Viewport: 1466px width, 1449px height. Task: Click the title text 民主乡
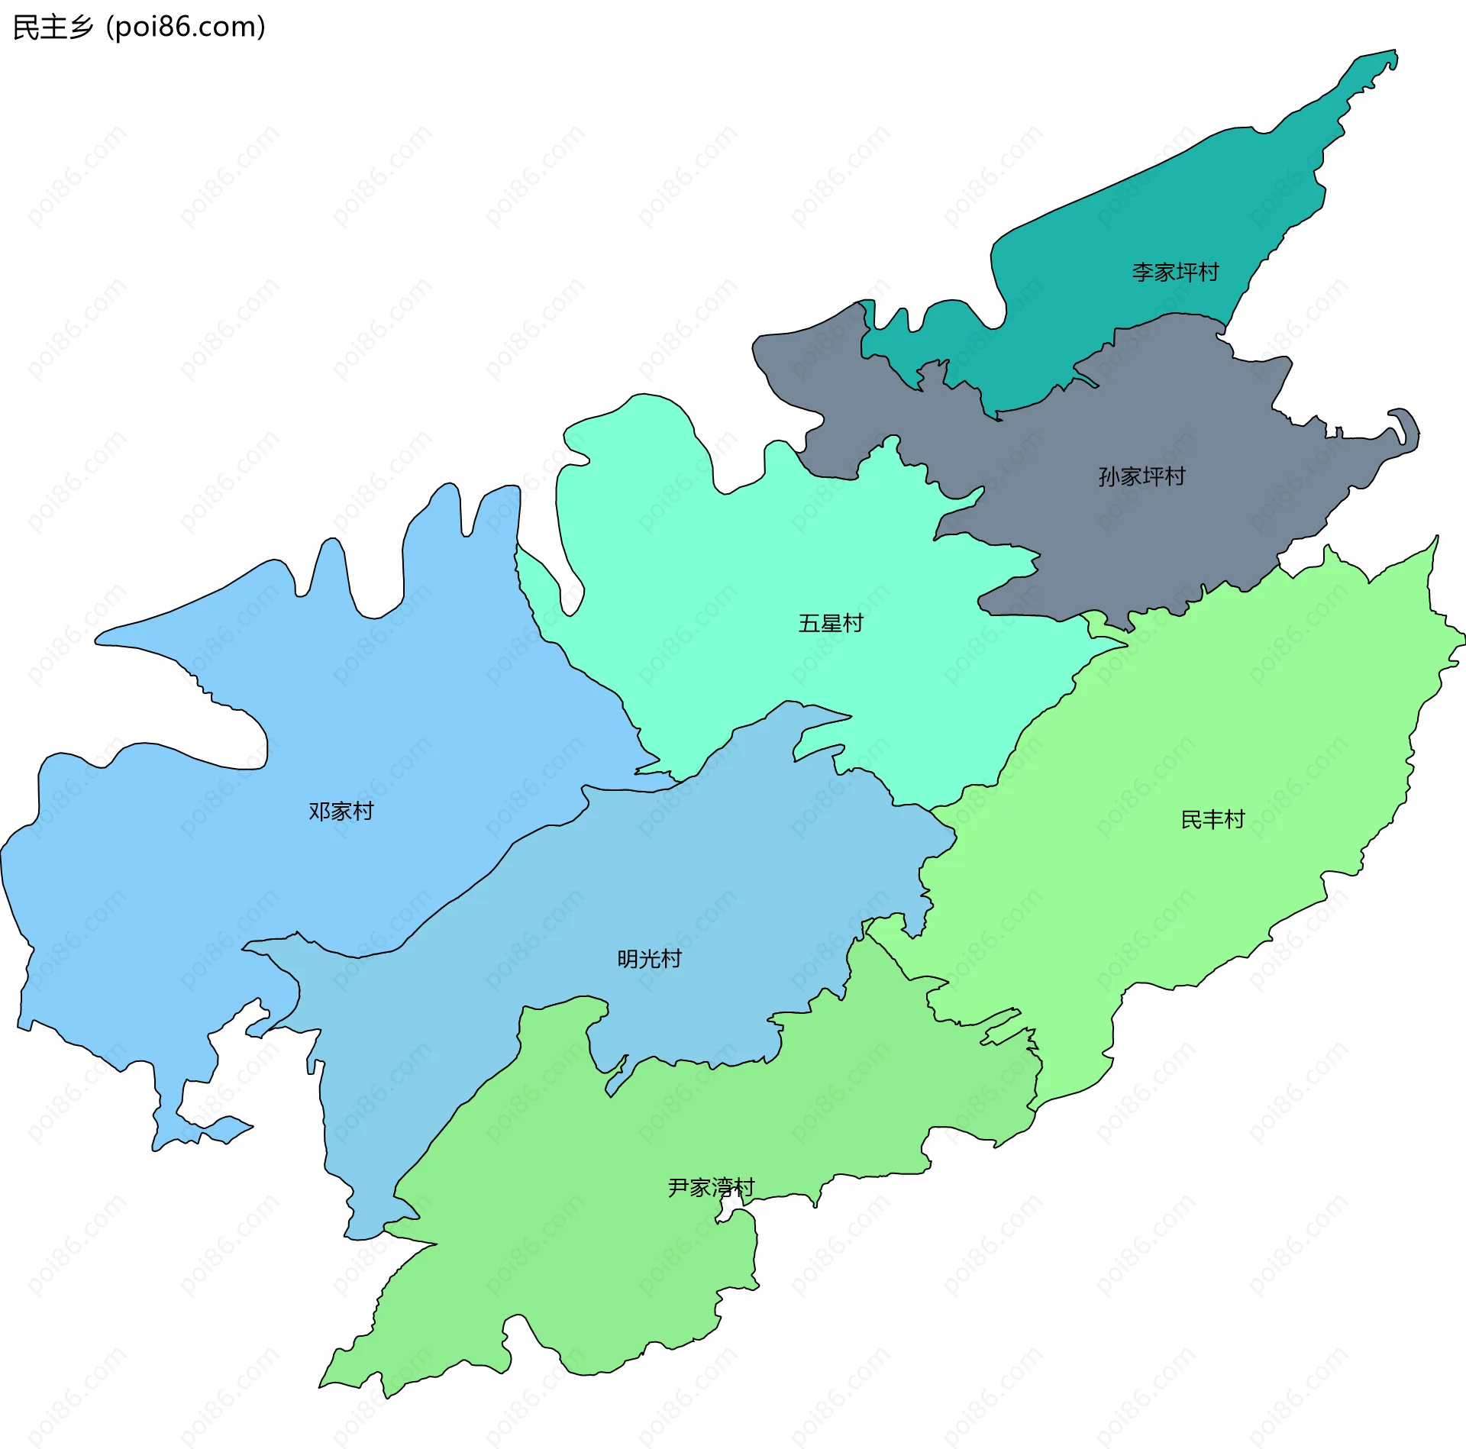(53, 27)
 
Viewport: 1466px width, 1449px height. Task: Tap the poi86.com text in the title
(186, 27)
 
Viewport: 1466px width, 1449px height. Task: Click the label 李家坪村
(1175, 273)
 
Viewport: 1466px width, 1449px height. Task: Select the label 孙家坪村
(1141, 476)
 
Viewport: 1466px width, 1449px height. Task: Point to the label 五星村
(830, 624)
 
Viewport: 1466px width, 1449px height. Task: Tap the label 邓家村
(341, 812)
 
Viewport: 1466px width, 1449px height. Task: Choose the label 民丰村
(1213, 820)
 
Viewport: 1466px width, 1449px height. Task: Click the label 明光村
(649, 959)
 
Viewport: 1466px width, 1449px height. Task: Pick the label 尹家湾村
(711, 1188)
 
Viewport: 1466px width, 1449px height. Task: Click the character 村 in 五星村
(852, 624)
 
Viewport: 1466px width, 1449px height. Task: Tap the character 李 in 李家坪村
(1143, 273)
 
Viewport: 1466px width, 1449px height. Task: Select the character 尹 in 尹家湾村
(679, 1188)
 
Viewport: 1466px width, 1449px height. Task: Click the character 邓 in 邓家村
(319, 812)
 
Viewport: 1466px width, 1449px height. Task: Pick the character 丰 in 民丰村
(1213, 820)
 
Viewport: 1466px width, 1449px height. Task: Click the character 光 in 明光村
(649, 959)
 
